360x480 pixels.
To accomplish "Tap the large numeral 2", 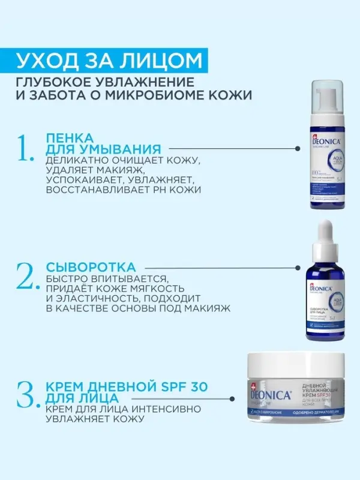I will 29,276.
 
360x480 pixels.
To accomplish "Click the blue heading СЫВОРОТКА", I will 91,266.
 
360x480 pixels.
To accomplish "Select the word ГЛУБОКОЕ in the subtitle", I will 56,82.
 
